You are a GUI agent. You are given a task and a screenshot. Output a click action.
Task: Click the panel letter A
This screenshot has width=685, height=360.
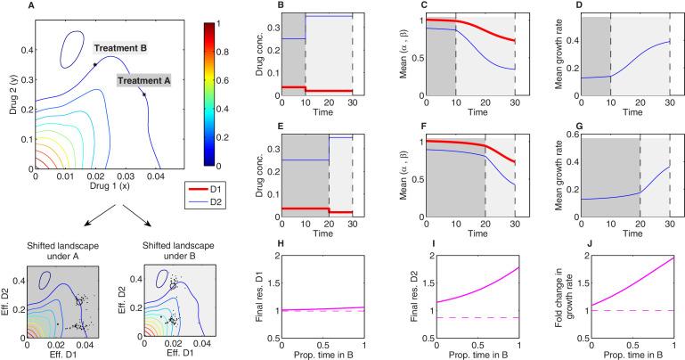(7, 6)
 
